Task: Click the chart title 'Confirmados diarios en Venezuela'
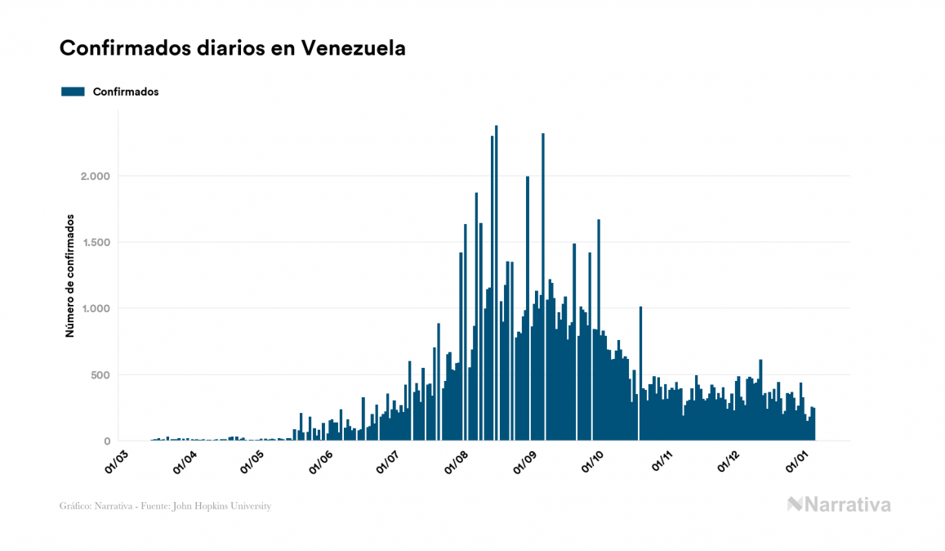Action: click(233, 48)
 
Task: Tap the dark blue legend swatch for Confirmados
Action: click(74, 92)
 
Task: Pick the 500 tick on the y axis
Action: click(99, 375)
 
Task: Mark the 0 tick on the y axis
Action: click(106, 441)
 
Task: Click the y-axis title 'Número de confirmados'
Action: click(70, 276)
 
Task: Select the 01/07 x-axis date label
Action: click(389, 459)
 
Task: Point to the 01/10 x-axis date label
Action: click(592, 459)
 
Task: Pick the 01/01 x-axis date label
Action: click(796, 459)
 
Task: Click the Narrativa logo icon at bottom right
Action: click(795, 504)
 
